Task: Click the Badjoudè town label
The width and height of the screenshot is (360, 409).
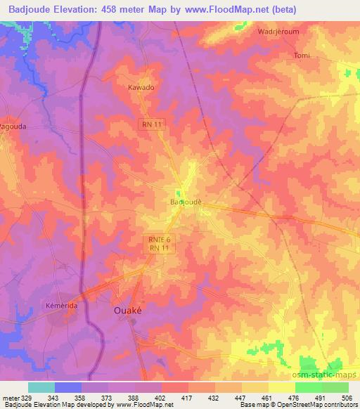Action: tap(186, 202)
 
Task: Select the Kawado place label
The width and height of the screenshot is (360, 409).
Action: tap(141, 89)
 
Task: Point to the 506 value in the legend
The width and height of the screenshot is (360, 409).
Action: tap(347, 398)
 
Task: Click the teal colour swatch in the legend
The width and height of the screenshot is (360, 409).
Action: tap(41, 387)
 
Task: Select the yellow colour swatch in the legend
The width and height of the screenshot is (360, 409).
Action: tap(281, 387)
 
